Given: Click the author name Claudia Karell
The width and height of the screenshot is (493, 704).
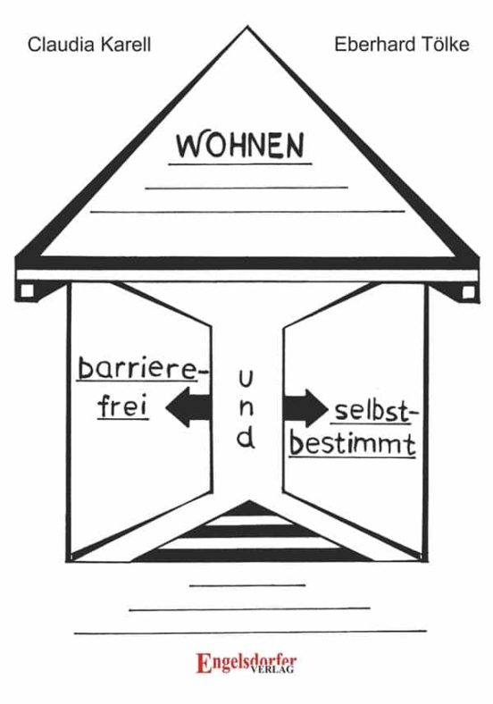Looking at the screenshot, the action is pos(89,45).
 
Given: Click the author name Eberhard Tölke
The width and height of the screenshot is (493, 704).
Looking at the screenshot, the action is pos(402,45).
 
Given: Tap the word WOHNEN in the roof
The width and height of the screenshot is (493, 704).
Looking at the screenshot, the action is pos(240,145).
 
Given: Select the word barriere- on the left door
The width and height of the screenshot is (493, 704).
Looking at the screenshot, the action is pos(143,369).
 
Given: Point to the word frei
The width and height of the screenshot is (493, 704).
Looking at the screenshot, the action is pos(123,406).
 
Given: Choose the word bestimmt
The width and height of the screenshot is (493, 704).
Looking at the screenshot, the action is pos(353,444).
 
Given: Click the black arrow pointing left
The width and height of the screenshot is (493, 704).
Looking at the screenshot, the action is pos(188,407).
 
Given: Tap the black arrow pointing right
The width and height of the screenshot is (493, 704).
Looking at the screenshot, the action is pos(305,407).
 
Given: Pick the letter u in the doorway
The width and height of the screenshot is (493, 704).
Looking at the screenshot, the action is pos(246,379).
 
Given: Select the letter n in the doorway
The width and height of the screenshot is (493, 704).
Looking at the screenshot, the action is pos(246,407).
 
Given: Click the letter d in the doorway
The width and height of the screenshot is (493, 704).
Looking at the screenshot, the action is pos(246,438).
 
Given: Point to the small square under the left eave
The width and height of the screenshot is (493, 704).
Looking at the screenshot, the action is pos(27,291).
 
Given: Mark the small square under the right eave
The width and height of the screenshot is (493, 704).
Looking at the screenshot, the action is pos(468,292).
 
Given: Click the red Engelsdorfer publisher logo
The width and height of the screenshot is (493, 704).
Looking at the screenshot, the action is pos(246,663).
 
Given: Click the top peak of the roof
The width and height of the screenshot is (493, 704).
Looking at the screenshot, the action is pos(247,27).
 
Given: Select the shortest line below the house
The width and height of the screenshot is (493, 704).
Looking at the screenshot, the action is pos(247,585).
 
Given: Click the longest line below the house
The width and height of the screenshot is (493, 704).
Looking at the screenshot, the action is pos(250,633).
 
